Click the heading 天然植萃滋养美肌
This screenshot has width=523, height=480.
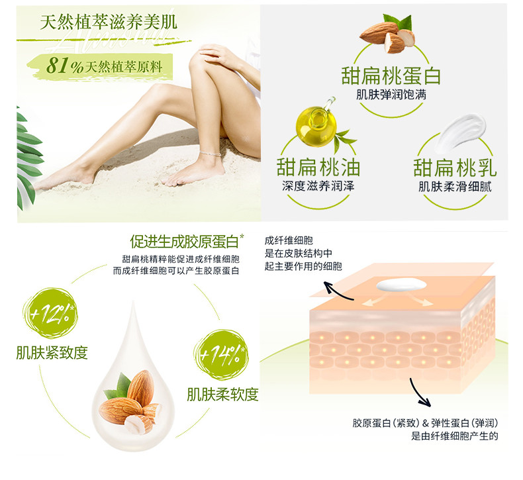tap(109, 23)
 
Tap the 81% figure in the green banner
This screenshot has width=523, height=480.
tap(65, 66)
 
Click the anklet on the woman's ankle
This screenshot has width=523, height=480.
tap(210, 154)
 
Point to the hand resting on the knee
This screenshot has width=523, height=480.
tap(216, 54)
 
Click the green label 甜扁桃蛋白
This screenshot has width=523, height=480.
tap(391, 75)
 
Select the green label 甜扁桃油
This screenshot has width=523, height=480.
tap(318, 167)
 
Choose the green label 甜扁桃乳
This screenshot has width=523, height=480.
tap(455, 167)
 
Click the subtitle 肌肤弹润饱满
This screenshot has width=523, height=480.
tap(391, 95)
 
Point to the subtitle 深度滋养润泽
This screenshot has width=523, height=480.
tap(318, 186)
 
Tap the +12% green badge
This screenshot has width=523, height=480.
tap(50, 313)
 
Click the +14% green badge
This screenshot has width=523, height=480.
tap(221, 355)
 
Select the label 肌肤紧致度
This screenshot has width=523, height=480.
tap(52, 353)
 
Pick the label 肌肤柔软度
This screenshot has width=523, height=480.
tap(222, 395)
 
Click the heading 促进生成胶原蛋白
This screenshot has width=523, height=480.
tap(185, 242)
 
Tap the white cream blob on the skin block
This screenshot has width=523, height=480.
tap(401, 285)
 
